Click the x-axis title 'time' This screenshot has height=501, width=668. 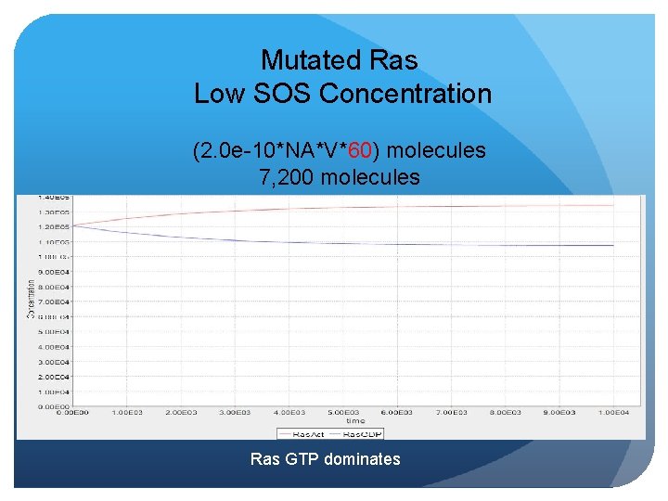coord(355,421)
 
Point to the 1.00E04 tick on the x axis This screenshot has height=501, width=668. coord(613,412)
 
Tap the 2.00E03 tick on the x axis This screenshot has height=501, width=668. coord(182,412)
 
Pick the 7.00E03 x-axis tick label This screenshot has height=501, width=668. coord(452,412)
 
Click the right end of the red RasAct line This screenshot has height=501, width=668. coord(613,205)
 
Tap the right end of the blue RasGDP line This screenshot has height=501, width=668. coord(613,245)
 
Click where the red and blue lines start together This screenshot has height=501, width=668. coord(74,225)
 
